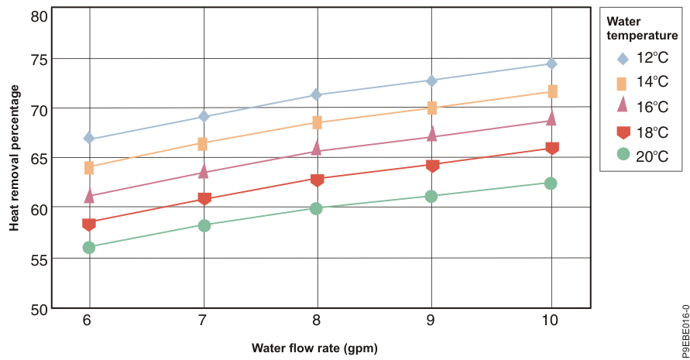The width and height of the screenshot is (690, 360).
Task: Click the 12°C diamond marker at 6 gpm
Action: tap(89, 139)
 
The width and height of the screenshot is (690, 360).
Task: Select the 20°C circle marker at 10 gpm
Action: tap(551, 183)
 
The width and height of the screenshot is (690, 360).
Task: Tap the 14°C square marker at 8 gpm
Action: tap(316, 122)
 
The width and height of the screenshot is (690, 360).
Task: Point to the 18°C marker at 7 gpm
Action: tap(204, 199)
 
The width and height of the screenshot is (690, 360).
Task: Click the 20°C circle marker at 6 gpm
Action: tap(89, 248)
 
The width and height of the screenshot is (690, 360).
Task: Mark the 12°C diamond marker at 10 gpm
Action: tap(551, 63)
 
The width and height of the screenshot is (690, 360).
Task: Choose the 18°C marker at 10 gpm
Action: tap(551, 148)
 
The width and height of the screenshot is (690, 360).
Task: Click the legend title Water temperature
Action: tap(642, 28)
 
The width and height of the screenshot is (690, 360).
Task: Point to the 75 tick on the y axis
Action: tap(38, 60)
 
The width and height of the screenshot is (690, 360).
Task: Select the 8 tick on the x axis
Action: tap(316, 321)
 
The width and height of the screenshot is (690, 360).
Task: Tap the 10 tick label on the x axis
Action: tap(551, 321)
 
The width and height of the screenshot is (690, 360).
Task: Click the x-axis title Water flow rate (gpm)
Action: tap(314, 348)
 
